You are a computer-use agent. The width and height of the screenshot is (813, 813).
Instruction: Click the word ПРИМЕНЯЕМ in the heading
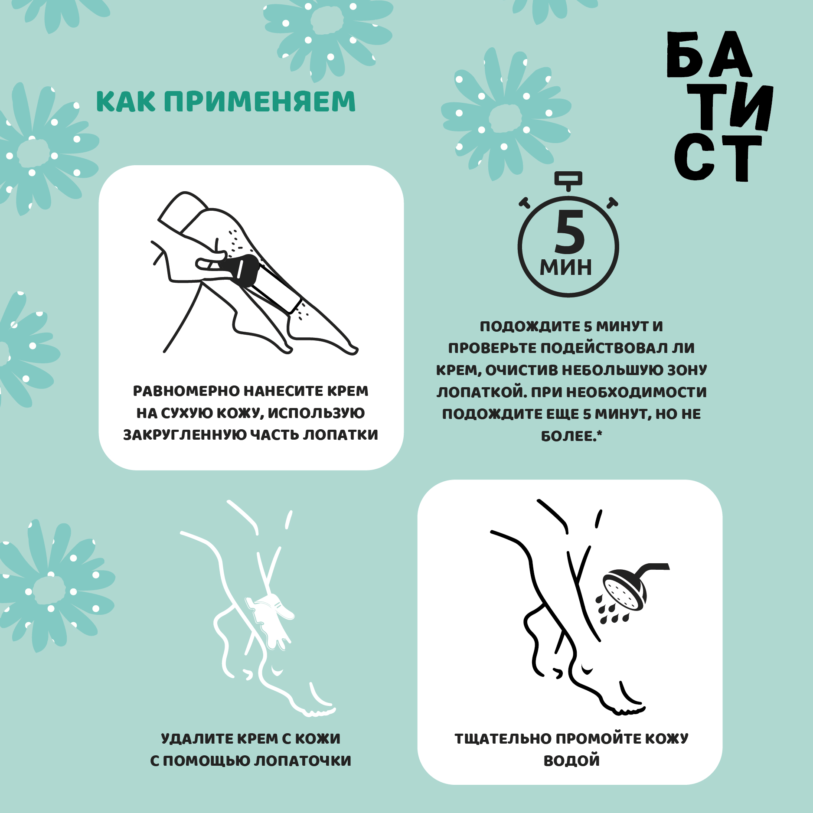click(x=260, y=101)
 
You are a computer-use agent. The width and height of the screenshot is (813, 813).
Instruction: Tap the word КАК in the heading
click(x=126, y=101)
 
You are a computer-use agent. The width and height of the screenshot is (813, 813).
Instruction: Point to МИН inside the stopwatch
click(x=566, y=268)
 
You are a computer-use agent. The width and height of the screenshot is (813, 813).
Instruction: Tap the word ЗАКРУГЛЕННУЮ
click(x=182, y=435)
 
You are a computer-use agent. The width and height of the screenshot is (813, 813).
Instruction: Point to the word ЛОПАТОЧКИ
click(x=303, y=761)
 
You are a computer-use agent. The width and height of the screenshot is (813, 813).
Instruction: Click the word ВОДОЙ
click(x=571, y=761)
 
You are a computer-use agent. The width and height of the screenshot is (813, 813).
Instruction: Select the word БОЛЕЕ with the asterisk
click(x=571, y=436)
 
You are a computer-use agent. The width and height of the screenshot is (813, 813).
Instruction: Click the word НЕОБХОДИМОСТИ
click(x=637, y=392)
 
